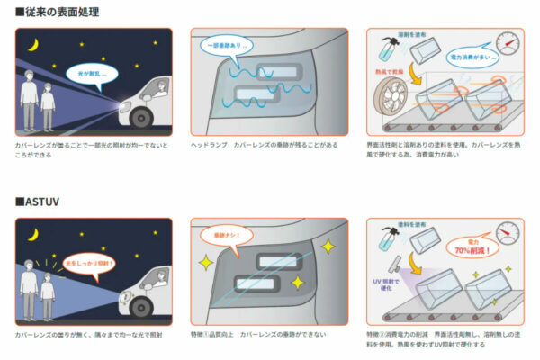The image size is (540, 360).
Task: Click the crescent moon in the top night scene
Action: tap(33, 44)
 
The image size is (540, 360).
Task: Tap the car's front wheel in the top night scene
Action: tap(144, 118)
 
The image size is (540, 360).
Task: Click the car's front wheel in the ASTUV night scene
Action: tap(144, 307)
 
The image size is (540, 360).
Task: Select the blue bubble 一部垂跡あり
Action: tap(225, 44)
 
